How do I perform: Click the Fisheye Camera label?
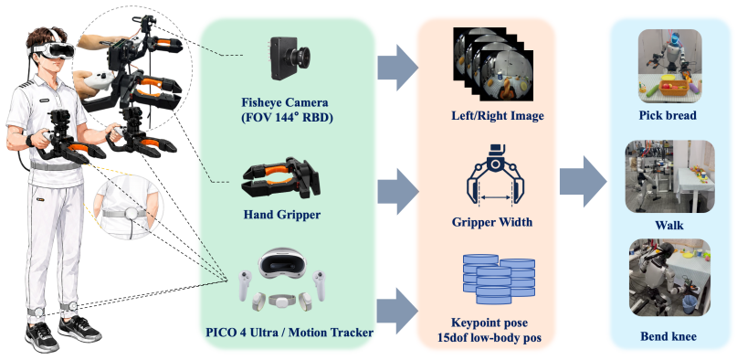[285, 110]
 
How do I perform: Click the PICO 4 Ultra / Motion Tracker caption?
[290, 333]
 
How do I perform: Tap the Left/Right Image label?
[498, 116]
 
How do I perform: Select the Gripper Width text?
[492, 222]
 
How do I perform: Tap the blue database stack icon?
[500, 280]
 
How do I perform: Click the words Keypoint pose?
[490, 323]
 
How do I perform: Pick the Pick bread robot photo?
[669, 67]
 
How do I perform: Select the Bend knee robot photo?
[669, 277]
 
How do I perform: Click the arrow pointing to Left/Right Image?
[397, 68]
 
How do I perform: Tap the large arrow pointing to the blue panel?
[583, 182]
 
